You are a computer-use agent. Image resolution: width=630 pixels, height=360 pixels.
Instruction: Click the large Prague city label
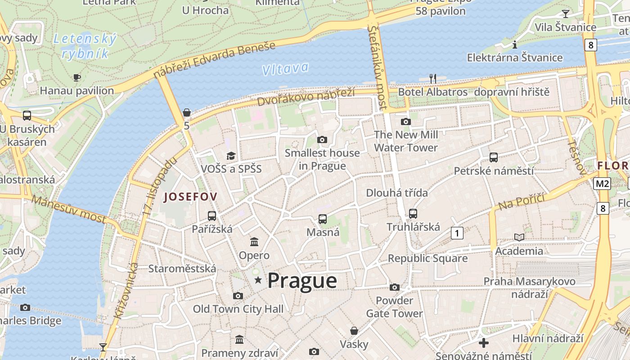pos(302,281)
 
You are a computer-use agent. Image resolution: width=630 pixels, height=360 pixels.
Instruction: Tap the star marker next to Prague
pos(258,280)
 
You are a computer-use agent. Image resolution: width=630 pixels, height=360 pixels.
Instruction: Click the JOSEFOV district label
pos(190,196)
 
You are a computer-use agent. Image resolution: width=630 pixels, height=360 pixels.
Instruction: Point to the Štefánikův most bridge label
pos(377,67)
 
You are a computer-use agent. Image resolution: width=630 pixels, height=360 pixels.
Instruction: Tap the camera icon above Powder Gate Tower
pos(395,287)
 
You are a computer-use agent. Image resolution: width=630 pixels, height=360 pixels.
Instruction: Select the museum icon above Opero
pos(254,242)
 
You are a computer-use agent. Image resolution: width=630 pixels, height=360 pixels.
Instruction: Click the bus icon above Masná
pos(323,219)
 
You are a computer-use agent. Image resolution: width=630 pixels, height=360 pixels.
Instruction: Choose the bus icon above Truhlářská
pos(413,214)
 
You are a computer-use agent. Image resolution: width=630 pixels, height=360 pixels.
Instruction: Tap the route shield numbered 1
pos(457,233)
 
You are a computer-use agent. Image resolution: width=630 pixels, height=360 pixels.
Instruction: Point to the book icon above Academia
pos(519,237)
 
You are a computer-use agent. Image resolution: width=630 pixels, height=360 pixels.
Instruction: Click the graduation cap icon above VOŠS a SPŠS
pos(231,156)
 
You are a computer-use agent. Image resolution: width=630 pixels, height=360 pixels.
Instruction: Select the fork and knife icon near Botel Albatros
pos(433,79)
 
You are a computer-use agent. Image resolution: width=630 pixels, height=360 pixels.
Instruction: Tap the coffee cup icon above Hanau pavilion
pos(77,77)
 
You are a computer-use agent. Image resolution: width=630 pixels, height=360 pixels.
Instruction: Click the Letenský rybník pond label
pos(85,46)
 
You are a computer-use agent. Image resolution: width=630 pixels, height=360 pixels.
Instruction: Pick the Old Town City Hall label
pos(238,309)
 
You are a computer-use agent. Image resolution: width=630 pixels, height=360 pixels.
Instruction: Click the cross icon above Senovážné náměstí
pos(484,343)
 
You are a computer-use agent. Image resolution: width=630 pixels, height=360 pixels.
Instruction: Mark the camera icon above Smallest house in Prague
pos(322,139)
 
